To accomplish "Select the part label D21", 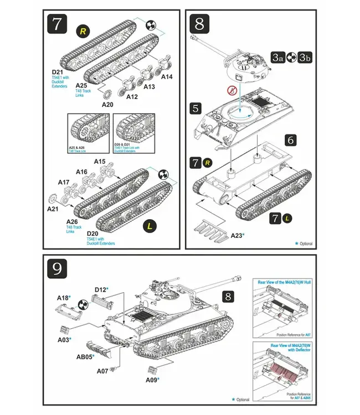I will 58,72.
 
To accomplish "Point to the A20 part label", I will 107,103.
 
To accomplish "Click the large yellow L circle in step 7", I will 149,225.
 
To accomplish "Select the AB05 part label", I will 85,357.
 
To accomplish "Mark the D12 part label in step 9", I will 101,289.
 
